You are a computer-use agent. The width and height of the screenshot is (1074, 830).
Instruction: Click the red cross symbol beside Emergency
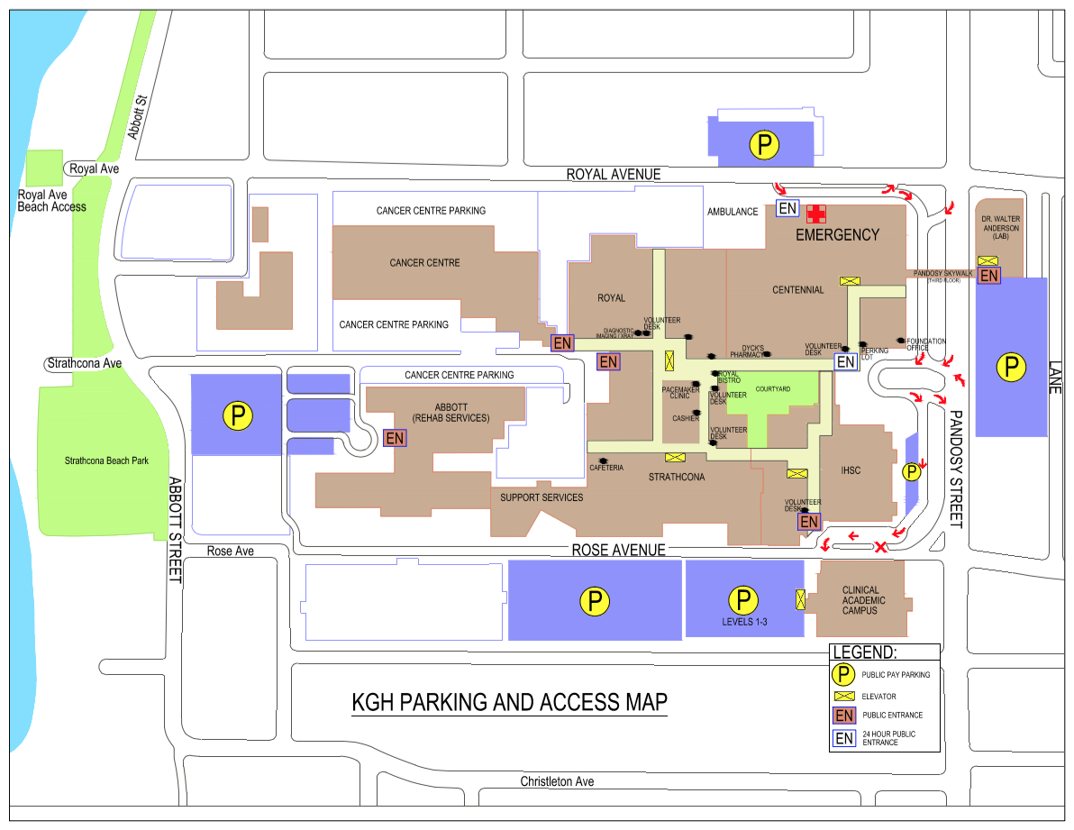point(815,214)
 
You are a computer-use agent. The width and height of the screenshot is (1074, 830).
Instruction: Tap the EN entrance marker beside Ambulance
point(787,208)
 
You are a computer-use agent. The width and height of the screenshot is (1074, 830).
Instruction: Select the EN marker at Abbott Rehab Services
point(395,438)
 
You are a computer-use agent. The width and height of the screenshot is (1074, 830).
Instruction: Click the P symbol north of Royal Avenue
point(764,144)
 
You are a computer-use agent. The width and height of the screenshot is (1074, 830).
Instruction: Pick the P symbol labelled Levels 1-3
point(743,600)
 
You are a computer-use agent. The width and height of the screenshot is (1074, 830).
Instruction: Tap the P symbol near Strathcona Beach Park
point(238,415)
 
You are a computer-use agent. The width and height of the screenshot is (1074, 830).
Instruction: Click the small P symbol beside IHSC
point(911,472)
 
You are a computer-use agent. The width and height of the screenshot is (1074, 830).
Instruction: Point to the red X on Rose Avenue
point(881,546)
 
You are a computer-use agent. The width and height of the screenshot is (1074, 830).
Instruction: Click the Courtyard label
point(773,389)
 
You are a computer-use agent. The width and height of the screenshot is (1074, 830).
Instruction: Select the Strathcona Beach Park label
point(106,461)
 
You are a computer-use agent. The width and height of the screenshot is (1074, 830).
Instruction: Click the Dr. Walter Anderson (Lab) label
point(1001,227)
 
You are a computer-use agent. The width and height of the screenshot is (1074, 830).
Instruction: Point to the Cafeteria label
point(606,468)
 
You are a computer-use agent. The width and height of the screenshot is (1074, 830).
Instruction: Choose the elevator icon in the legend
point(844,696)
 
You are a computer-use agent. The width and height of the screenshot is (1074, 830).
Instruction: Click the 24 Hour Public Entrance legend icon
point(844,738)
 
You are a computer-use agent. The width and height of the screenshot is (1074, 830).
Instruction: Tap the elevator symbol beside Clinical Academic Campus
point(800,600)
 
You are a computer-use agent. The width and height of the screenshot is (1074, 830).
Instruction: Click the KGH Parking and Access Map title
point(509,703)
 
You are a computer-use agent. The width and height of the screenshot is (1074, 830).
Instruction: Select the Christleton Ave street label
point(557,781)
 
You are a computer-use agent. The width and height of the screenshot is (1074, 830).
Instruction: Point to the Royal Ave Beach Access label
point(51,201)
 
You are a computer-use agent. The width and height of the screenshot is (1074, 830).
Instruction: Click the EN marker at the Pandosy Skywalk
point(988,275)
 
